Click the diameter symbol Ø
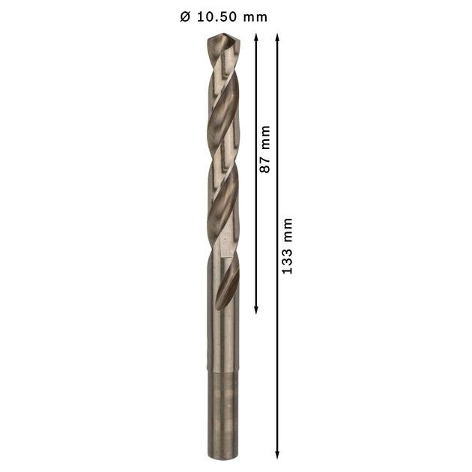pyautogui.click(x=185, y=16)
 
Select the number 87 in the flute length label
pyautogui.click(x=265, y=164)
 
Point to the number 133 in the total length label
pyautogui.click(x=287, y=261)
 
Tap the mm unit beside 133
pyautogui.click(x=288, y=230)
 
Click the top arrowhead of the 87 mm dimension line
pyautogui.click(x=256, y=37)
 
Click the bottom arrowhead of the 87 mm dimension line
pyautogui.click(x=256, y=310)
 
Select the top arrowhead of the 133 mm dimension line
pyautogui.click(x=277, y=37)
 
